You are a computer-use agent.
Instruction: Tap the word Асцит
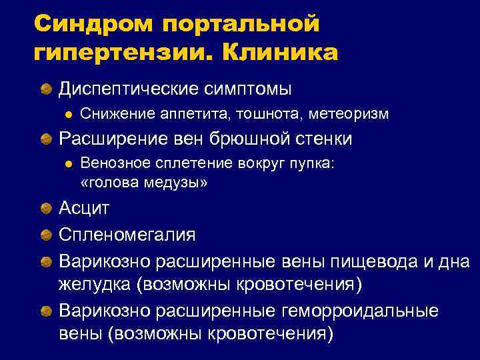[x=84, y=208]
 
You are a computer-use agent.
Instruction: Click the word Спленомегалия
[x=127, y=234]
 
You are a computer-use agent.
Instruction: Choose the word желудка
[x=94, y=285]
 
